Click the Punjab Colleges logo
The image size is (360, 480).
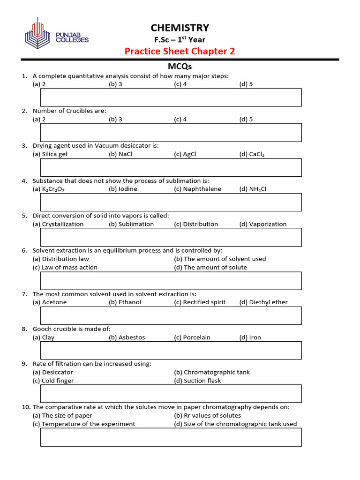(x=56, y=33)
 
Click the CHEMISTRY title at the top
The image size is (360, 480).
(x=180, y=28)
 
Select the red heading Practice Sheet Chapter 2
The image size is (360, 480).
(x=180, y=51)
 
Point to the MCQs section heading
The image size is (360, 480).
(x=180, y=67)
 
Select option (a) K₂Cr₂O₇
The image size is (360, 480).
(x=52, y=189)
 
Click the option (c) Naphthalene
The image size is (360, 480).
(x=197, y=189)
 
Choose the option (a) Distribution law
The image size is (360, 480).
(x=61, y=259)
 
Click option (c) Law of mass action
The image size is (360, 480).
(x=65, y=267)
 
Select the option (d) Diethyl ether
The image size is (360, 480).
(x=263, y=302)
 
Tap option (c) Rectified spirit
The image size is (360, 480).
(x=200, y=302)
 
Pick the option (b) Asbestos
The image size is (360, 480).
(x=127, y=337)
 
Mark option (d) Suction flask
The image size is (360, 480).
(x=197, y=381)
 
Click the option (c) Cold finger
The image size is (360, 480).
(x=53, y=381)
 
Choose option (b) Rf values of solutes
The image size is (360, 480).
(x=207, y=415)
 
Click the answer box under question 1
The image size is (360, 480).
(x=171, y=97)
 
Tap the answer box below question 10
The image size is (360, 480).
(x=171, y=437)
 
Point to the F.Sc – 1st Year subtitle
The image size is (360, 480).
(x=180, y=40)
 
